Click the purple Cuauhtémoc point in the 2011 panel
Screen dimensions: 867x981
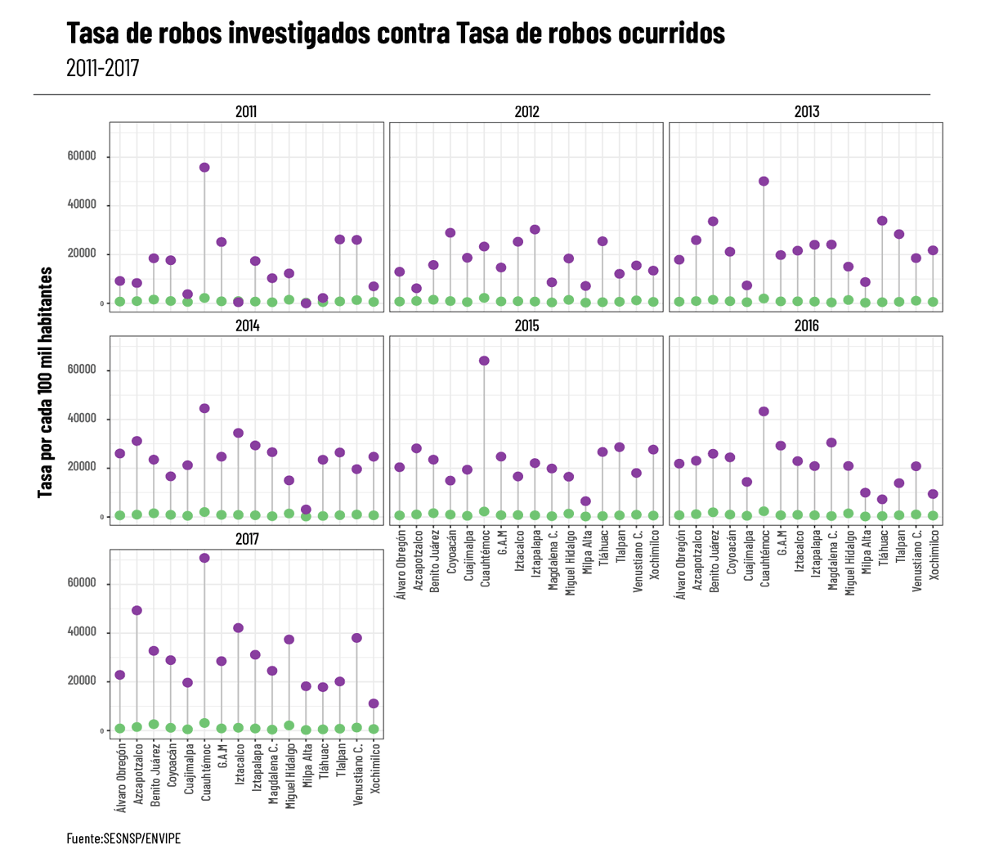204,168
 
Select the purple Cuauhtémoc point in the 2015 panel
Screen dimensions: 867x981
484,361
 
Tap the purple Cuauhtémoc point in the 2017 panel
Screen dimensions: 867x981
204,558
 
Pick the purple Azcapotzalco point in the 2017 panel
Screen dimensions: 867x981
137,610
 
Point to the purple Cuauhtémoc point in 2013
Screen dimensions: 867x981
764,182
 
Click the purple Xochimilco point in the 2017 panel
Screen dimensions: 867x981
374,703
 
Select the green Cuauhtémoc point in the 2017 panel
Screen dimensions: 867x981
204,723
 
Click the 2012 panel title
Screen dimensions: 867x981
526,112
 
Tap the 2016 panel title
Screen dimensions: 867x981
806,326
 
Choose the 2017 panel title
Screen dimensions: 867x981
247,539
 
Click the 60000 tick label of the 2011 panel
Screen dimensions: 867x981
82,156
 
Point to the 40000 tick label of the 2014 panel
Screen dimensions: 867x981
82,419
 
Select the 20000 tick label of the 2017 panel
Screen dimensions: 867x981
82,681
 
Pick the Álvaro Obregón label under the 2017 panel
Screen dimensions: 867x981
121,777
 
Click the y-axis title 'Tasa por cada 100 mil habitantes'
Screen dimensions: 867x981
46,382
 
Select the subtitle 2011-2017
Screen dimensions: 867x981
103,67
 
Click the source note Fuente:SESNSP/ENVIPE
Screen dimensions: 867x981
123,838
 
